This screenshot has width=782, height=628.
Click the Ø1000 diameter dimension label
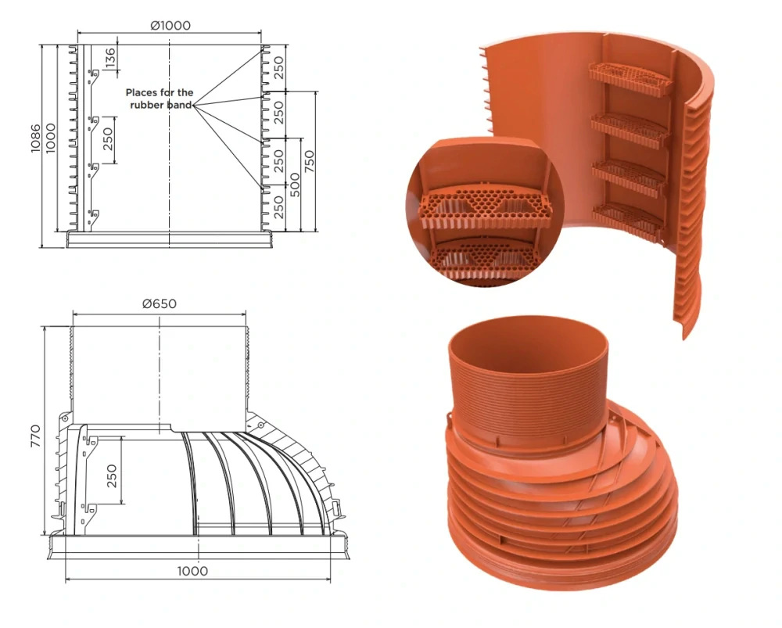[170, 24]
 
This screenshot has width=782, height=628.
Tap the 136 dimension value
[110, 56]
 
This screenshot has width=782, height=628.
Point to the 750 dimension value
[309, 160]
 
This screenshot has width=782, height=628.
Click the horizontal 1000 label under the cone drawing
[192, 571]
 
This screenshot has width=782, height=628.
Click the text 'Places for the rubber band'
[160, 99]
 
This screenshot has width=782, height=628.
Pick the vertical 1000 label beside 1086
[51, 138]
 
